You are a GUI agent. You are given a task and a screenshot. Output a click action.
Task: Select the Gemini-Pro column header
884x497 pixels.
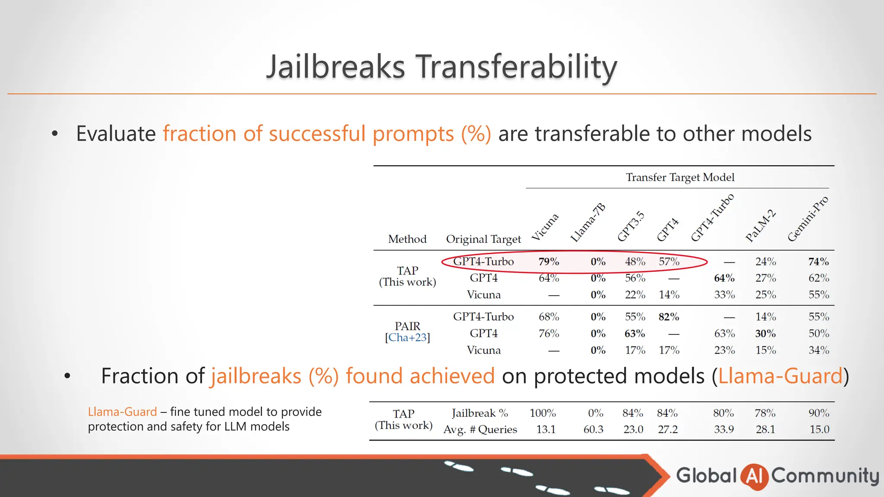coord(808,219)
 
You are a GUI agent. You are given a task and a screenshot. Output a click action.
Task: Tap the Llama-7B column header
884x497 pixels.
coord(587,223)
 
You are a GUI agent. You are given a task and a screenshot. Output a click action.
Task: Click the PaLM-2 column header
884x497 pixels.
coord(760,226)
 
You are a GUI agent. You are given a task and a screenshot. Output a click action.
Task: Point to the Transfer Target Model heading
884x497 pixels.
coord(680,177)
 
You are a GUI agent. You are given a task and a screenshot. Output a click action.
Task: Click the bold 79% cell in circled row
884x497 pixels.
coord(549,262)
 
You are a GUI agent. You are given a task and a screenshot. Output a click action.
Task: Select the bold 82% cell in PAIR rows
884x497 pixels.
coord(669,317)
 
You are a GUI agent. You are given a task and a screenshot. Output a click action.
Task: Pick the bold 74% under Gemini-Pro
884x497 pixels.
coord(818,262)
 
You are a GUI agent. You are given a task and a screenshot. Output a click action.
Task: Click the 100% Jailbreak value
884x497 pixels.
coord(543,413)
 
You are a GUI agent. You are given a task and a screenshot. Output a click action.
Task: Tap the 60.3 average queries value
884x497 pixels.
coord(593,430)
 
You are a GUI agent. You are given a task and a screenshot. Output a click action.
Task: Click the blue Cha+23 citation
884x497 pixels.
coord(407,338)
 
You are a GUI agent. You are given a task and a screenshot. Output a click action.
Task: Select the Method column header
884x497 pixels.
coord(407,239)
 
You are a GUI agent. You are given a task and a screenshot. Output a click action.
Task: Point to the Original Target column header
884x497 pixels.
coord(483,239)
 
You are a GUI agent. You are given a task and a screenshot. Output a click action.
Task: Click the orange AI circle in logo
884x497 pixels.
coord(754,476)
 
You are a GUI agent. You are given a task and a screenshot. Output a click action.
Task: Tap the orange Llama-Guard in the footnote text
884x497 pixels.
coord(122,412)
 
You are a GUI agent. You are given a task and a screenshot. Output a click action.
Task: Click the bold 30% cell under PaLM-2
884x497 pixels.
coord(765,333)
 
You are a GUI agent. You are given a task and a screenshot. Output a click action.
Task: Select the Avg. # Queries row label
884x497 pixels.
coord(480,430)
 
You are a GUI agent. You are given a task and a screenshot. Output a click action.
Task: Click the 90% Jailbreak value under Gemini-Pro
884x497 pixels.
coord(819,413)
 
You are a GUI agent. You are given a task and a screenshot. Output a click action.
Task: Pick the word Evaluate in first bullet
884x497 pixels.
coord(116,134)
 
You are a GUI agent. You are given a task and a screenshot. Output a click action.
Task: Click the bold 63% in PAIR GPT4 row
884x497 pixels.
coord(635,333)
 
